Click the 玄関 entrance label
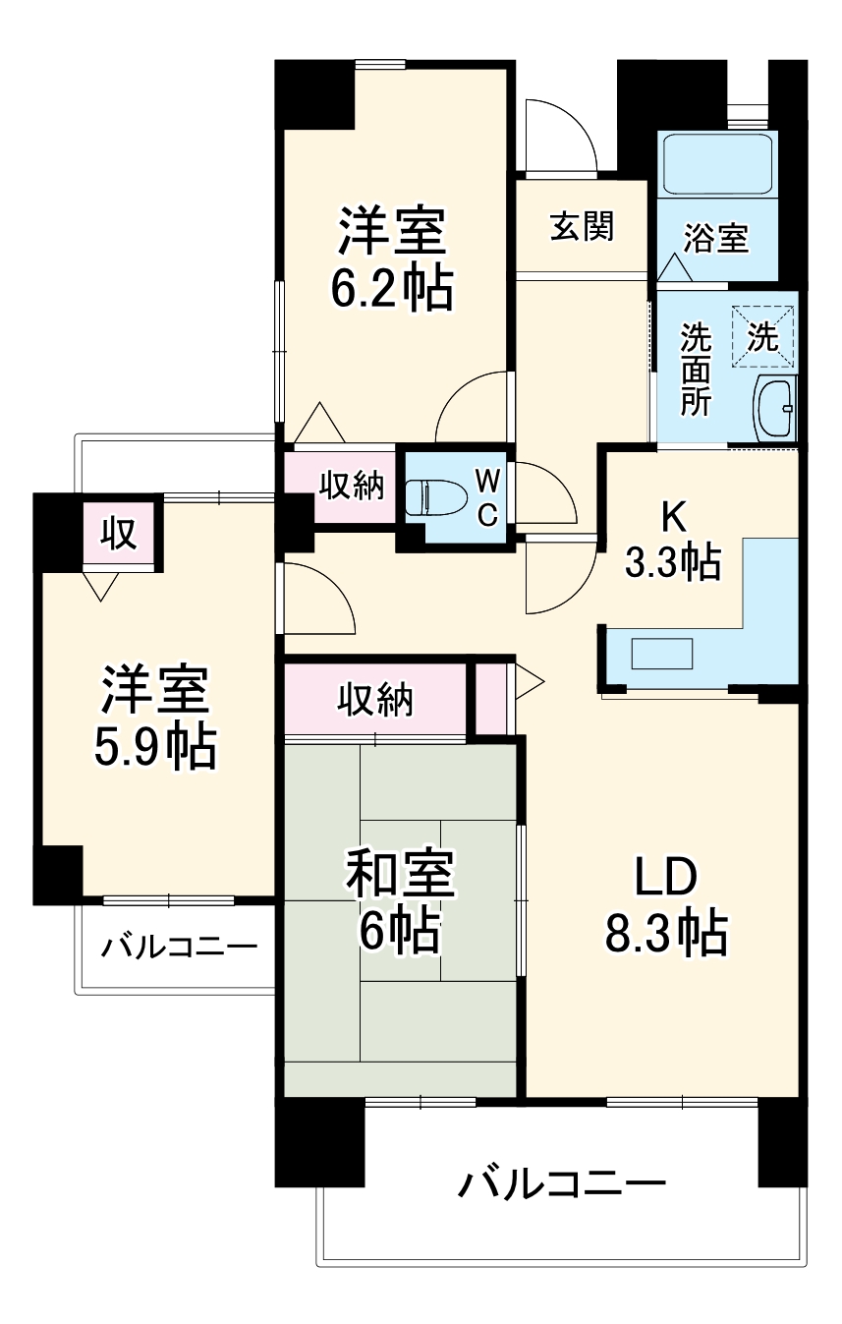tap(582, 226)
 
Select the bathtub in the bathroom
tap(717, 163)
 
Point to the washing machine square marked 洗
tap(763, 337)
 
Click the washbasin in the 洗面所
tap(775, 408)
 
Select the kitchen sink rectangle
tap(662, 654)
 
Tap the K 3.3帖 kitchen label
tap(673, 541)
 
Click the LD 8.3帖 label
tap(665, 905)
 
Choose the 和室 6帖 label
tap(399, 902)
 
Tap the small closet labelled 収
tap(118, 533)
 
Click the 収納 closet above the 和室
tap(375, 700)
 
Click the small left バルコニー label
tap(180, 948)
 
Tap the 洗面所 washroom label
tap(697, 370)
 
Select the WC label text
tap(487, 496)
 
